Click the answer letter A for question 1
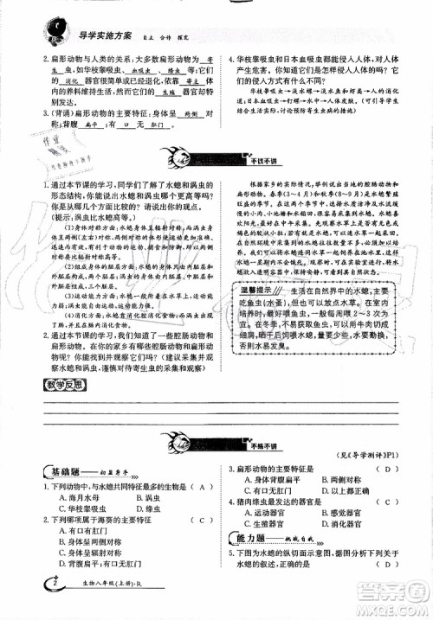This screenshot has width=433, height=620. [200, 488]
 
